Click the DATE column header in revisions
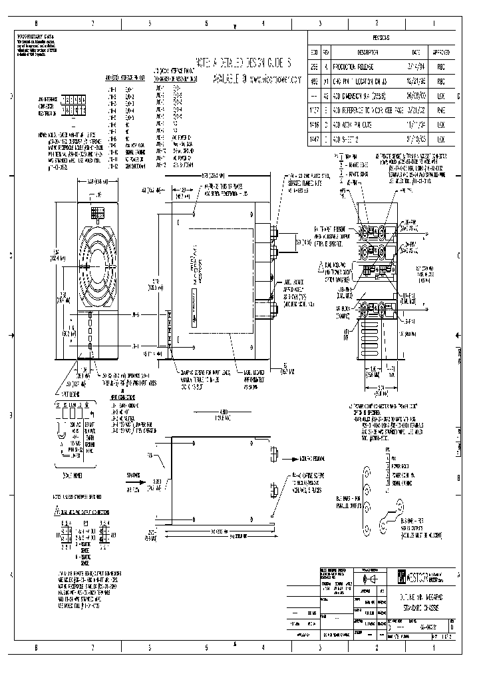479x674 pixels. [416, 52]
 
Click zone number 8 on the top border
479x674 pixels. [37, 23]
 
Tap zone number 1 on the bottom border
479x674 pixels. [434, 647]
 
